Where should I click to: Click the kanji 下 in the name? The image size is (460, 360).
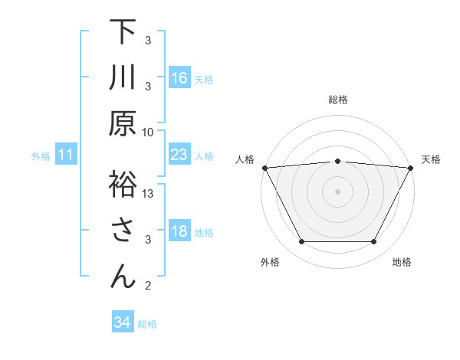coord(123,31)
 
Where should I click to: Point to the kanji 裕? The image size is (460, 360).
coord(123,184)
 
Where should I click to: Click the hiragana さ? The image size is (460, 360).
coord(123,231)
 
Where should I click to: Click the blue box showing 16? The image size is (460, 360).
coord(179,77)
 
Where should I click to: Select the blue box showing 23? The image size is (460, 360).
coord(179,155)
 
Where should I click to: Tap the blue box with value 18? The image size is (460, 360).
coord(179,231)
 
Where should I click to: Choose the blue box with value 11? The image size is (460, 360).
coord(66,155)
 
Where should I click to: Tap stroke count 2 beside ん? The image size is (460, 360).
coord(148,286)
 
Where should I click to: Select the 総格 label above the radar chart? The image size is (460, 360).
coord(338,100)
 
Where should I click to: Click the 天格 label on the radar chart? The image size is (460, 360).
coord(431,159)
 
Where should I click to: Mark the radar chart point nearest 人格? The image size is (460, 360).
coord(264,167)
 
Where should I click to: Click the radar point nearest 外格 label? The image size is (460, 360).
coord(301,242)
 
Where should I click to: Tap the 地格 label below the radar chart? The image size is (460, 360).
coord(402,262)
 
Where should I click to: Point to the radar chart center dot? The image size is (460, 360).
coord(338,191)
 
